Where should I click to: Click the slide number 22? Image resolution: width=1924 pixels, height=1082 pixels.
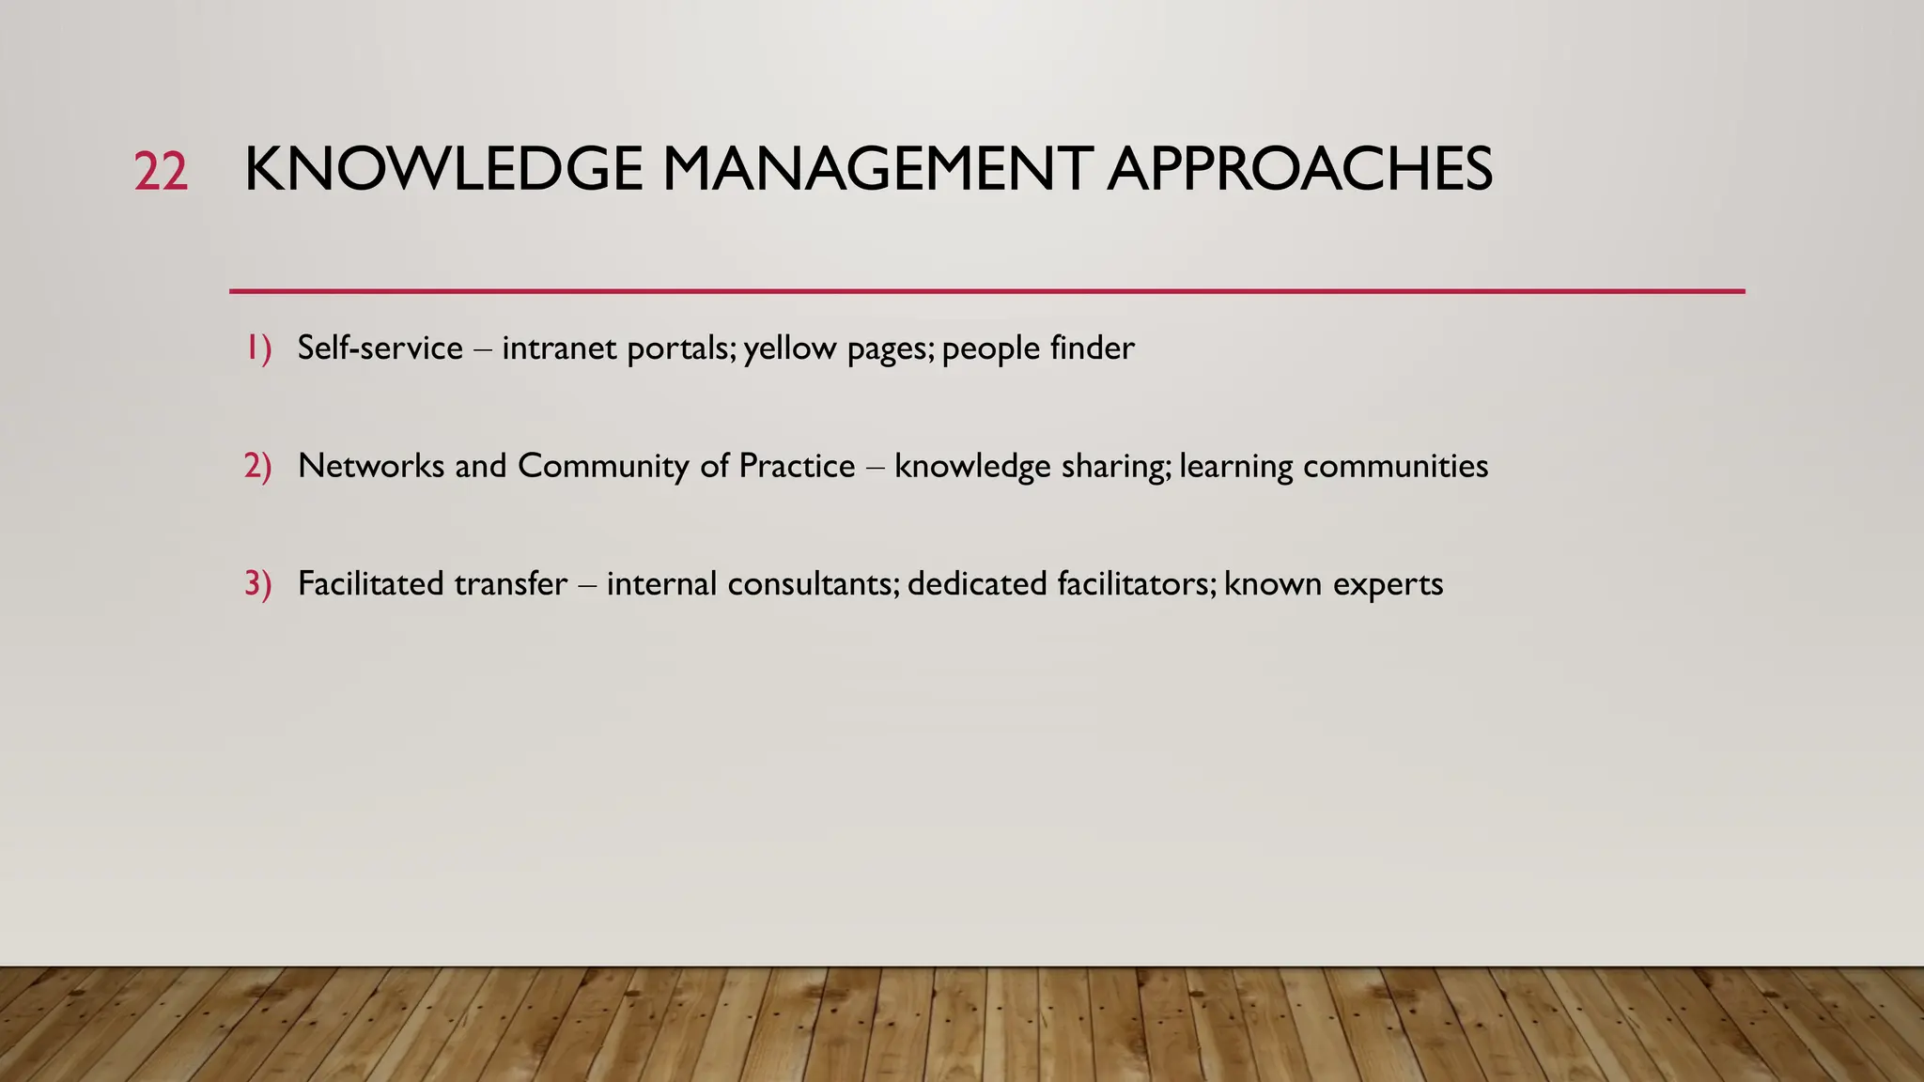161,172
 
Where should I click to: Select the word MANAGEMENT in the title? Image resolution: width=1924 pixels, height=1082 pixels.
877,170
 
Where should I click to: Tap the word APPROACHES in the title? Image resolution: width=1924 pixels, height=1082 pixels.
1299,170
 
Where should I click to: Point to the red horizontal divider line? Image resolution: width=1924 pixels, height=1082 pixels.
986,291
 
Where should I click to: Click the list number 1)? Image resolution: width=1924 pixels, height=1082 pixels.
258,348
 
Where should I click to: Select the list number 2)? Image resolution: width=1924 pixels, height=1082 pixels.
258,466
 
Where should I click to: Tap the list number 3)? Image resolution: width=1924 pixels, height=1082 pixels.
258,583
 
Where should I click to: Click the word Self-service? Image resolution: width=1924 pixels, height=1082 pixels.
380,348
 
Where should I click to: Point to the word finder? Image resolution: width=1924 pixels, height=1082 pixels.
1093,348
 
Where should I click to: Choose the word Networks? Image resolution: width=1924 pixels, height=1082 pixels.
371,466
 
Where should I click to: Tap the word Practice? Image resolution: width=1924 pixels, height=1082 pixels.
797,466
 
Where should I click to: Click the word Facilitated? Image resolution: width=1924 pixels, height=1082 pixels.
371,583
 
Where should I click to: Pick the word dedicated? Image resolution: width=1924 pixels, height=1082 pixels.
977,583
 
